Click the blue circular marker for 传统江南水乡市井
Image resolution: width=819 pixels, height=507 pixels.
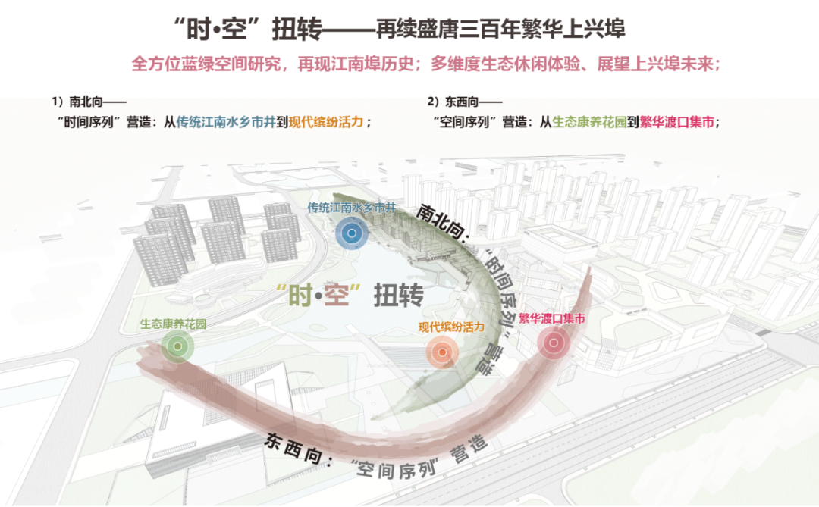tap(350, 234)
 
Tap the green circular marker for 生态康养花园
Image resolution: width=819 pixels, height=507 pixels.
tap(177, 346)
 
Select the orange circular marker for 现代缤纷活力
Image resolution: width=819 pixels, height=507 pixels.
tap(441, 351)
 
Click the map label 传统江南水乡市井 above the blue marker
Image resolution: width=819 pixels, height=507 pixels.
tap(352, 207)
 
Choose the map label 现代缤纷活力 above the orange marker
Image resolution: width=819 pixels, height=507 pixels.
tap(452, 327)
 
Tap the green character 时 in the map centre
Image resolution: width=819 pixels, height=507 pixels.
tap(293, 294)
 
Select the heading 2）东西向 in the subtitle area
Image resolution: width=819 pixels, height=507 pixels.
tap(464, 101)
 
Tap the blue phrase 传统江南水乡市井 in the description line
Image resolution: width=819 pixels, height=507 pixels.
tap(226, 121)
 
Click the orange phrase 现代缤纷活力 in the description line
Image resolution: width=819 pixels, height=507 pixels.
tap(328, 121)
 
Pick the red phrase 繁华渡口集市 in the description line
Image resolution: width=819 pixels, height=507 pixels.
tap(676, 121)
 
